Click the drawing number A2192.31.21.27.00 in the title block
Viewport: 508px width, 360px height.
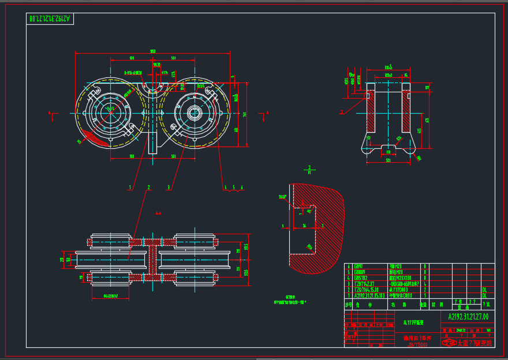[468, 316]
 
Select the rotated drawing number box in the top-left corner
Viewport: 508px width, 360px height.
[51, 19]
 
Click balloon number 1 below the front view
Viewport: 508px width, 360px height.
[131, 187]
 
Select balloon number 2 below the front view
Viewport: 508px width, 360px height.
[149, 187]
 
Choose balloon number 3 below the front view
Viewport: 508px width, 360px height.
[169, 187]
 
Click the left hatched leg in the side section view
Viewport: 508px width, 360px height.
[371, 112]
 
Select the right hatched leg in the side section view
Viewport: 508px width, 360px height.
[406, 112]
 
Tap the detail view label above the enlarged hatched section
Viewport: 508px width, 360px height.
[310, 169]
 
